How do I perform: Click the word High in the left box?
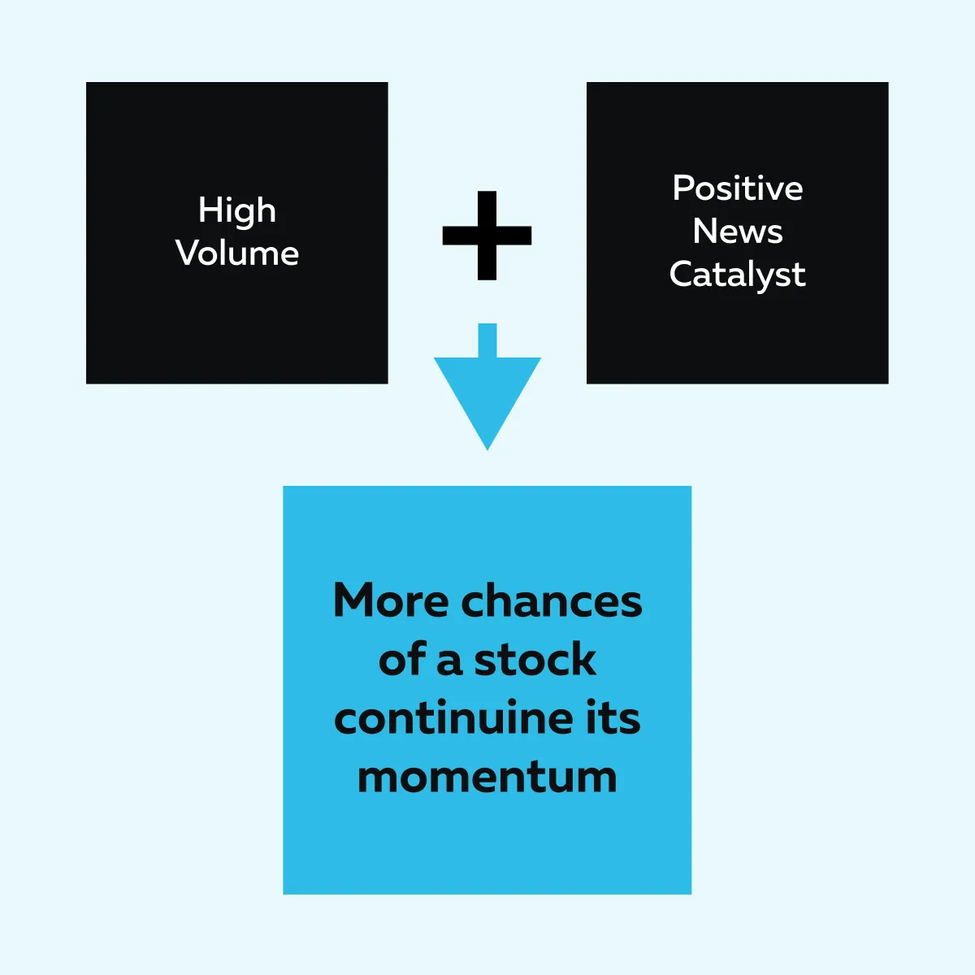[x=236, y=211]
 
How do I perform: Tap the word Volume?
[x=236, y=253]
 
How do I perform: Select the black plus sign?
[x=487, y=236]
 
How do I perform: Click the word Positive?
[x=737, y=188]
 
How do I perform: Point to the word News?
[x=737, y=232]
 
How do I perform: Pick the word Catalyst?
[x=737, y=275]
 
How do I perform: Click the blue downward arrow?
[x=487, y=387]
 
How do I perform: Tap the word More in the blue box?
[x=391, y=600]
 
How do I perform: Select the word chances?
[x=552, y=600]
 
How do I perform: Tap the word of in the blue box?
[x=402, y=659]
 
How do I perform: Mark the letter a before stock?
[x=449, y=663]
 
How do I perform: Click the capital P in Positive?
[x=683, y=188]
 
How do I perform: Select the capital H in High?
[x=210, y=210]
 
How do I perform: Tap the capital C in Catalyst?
[x=682, y=274]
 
